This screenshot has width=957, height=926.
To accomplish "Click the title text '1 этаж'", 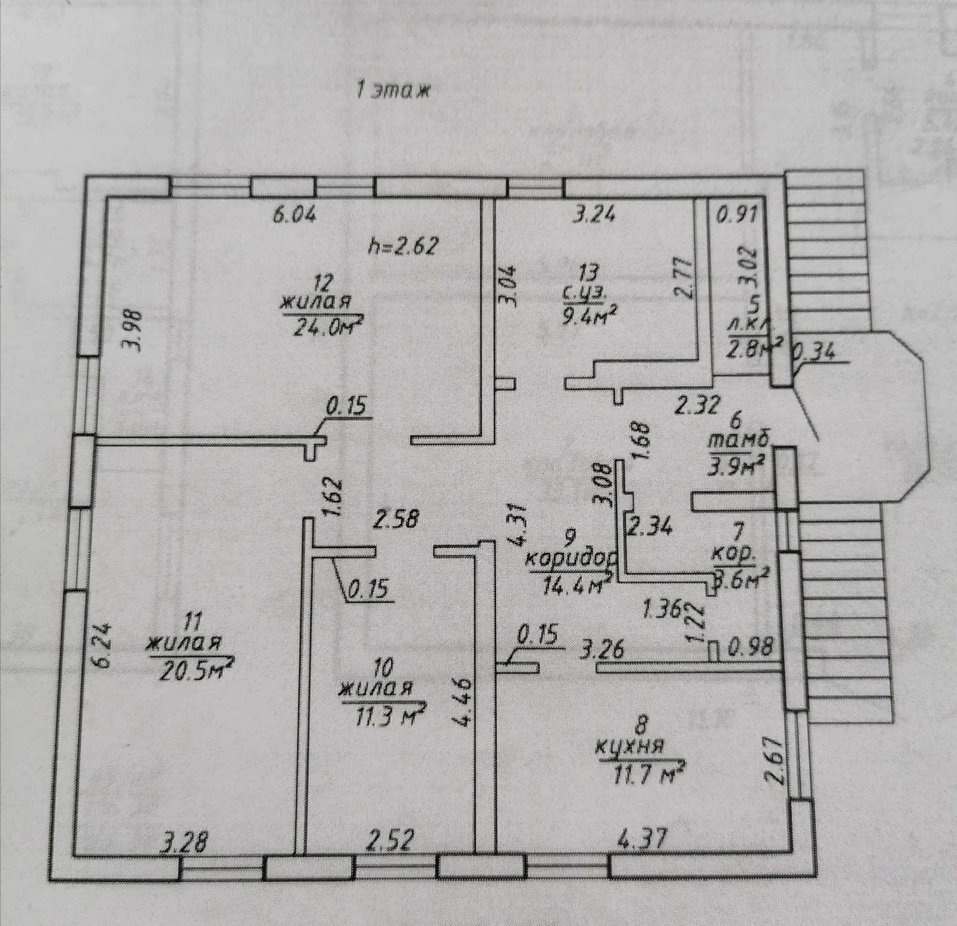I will (x=393, y=92).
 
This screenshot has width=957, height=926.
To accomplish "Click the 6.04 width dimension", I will (x=294, y=215).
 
